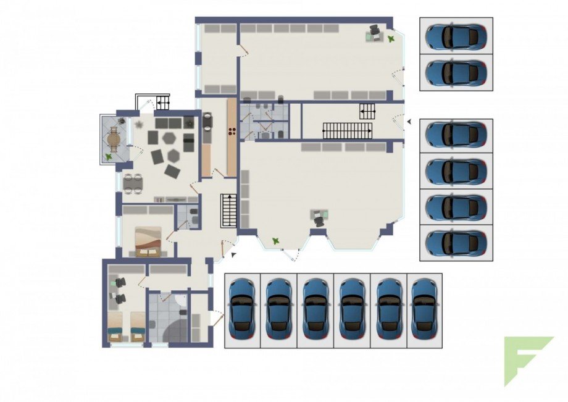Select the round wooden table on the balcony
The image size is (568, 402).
[114, 140]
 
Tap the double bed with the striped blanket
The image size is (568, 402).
[148, 241]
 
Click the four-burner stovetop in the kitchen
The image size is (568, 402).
[233, 130]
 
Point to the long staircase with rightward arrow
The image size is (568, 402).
[348, 130]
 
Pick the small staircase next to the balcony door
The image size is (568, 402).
[163, 103]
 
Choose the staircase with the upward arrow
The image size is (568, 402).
[229, 211]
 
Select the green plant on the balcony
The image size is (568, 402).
[109, 157]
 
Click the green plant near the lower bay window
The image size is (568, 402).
[275, 240]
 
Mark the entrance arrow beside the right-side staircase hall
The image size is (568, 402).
[408, 122]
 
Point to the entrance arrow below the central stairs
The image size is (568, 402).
[233, 254]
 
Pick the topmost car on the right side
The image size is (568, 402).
[456, 37]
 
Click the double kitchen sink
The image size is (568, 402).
[207, 122]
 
